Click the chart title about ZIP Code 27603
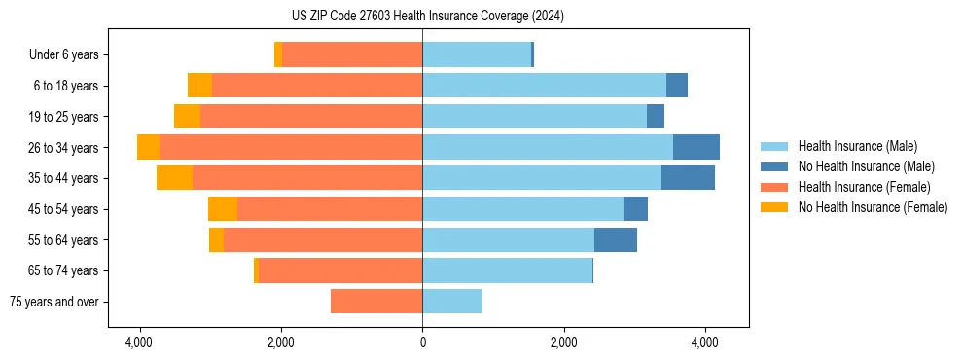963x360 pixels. click(x=421, y=17)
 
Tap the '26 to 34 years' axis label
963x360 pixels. click(x=64, y=148)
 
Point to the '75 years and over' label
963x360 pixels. click(x=54, y=302)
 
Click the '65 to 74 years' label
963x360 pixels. click(x=64, y=270)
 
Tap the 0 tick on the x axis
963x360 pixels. click(x=422, y=343)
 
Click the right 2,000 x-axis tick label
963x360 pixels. click(x=564, y=343)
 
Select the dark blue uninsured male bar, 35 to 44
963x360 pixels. click(x=688, y=178)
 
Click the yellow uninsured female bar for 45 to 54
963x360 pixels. click(x=223, y=209)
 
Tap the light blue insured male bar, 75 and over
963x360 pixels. click(x=452, y=302)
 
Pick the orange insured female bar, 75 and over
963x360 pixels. click(x=376, y=302)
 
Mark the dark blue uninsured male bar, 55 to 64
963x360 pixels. click(x=616, y=240)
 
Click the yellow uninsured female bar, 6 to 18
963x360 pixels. click(x=199, y=86)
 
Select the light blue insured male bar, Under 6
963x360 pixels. click(x=477, y=55)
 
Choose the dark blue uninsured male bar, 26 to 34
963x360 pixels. click(x=696, y=148)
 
